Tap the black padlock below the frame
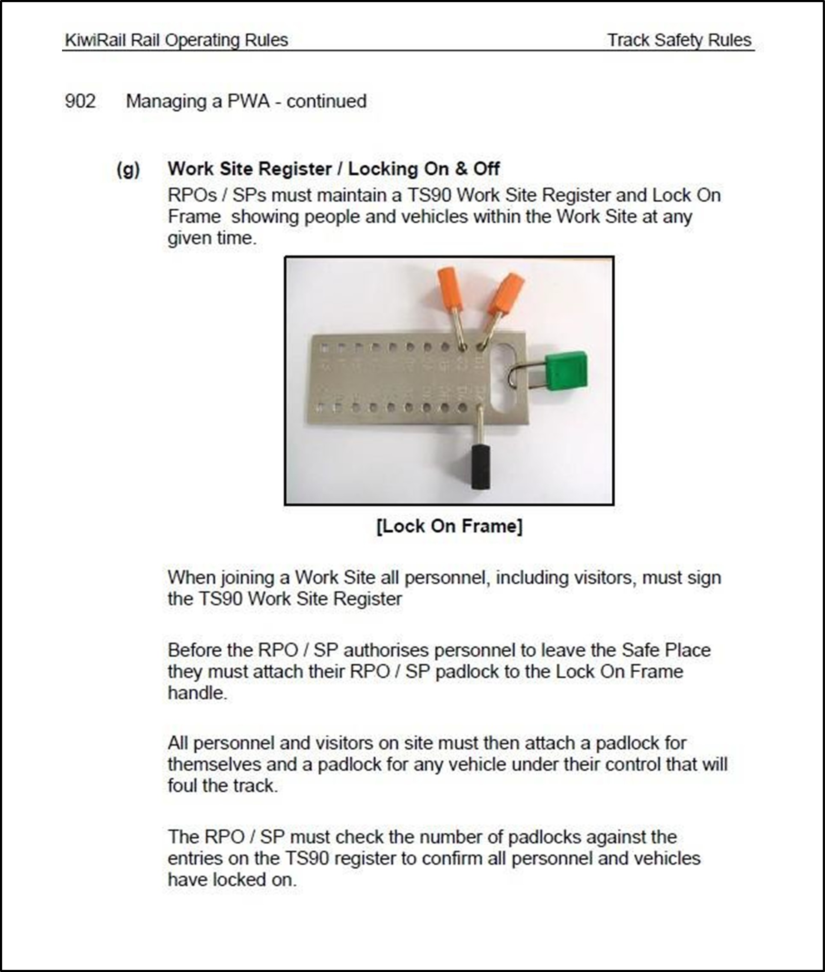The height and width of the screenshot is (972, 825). pyautogui.click(x=480, y=467)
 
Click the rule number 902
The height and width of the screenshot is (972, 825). pyautogui.click(x=80, y=101)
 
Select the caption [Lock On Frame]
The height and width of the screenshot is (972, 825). pyautogui.click(x=449, y=526)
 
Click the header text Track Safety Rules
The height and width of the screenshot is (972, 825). pyautogui.click(x=679, y=40)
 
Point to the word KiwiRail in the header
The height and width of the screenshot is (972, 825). pyautogui.click(x=95, y=40)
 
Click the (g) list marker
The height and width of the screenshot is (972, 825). pyautogui.click(x=128, y=170)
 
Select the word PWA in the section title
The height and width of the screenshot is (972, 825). pyautogui.click(x=248, y=101)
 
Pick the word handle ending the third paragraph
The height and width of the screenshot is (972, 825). pyautogui.click(x=197, y=693)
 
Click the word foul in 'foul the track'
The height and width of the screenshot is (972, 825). pyautogui.click(x=183, y=786)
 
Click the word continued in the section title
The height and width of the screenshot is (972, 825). pyautogui.click(x=326, y=101)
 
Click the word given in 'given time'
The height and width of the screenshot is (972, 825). pyautogui.click(x=189, y=238)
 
